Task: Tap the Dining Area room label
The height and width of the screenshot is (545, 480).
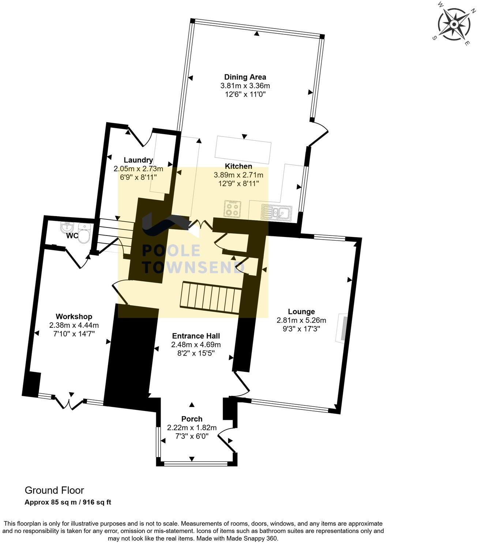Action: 245,77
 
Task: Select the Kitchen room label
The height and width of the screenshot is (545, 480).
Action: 238,166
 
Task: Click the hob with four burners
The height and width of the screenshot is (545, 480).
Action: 232,209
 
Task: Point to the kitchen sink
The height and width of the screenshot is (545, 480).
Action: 276,212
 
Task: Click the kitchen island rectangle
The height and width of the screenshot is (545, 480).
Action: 243,150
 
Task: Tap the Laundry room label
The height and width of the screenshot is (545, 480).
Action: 138,160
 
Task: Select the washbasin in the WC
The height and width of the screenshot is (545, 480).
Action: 68,227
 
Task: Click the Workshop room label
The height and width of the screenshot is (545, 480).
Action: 74,316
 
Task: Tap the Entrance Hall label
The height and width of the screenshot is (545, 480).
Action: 196,336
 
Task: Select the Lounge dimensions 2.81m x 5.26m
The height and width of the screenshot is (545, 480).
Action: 301,320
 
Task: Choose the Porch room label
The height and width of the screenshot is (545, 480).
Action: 192,419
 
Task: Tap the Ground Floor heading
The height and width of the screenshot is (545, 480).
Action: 54,490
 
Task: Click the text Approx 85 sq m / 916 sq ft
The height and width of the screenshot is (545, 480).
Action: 68,502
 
